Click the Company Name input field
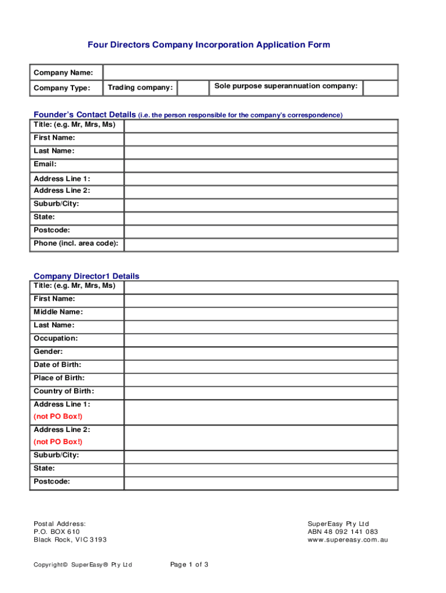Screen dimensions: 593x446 point(250,72)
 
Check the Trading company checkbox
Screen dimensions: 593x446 point(193,88)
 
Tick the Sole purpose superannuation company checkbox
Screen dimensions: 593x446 point(380,87)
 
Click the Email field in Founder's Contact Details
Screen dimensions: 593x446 point(261,164)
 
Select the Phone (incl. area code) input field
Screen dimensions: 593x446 point(261,244)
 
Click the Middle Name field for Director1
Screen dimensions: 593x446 point(261,312)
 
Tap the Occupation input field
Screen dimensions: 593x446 point(261,339)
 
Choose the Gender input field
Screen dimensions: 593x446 point(261,352)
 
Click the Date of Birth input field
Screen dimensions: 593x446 point(261,365)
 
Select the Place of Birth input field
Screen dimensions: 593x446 point(261,379)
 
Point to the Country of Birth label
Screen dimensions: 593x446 point(64,391)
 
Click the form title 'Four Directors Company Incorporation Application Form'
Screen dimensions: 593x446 point(209,45)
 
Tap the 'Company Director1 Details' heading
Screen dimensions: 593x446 point(86,276)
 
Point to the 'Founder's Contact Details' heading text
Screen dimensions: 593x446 point(85,115)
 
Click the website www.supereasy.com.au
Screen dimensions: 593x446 point(348,540)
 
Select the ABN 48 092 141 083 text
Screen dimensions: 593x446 point(343,532)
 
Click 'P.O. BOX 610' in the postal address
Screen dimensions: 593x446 point(57,532)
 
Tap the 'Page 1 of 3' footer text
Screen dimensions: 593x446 point(189,565)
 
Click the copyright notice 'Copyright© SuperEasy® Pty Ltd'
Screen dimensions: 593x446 point(83,565)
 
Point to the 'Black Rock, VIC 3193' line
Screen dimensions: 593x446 point(70,540)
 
